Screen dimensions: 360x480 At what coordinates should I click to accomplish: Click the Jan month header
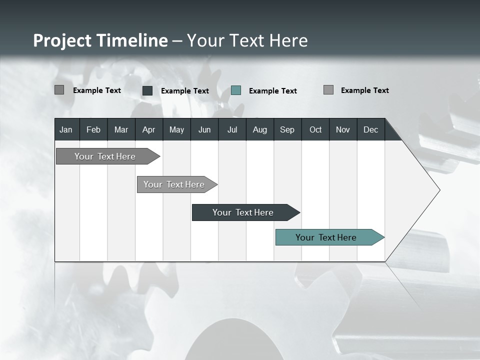(x=66, y=129)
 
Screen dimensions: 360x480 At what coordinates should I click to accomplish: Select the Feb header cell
(x=93, y=129)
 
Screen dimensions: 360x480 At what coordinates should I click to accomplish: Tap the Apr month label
(x=148, y=129)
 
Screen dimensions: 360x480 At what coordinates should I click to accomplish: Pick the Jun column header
(x=204, y=129)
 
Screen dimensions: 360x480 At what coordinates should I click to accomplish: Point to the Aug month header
(x=259, y=129)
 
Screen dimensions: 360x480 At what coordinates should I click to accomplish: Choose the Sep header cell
(x=287, y=129)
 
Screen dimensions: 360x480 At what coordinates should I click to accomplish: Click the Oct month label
(x=315, y=129)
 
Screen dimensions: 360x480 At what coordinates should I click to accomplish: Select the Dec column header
(x=370, y=129)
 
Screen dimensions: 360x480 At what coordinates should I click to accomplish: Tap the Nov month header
(x=343, y=129)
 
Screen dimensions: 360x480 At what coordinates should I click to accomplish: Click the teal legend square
(x=236, y=90)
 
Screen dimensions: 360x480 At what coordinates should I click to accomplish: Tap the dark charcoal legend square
(x=147, y=90)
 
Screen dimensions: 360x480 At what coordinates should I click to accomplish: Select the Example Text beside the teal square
(x=273, y=91)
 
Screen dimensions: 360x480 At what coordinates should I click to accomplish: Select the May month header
(x=176, y=129)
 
